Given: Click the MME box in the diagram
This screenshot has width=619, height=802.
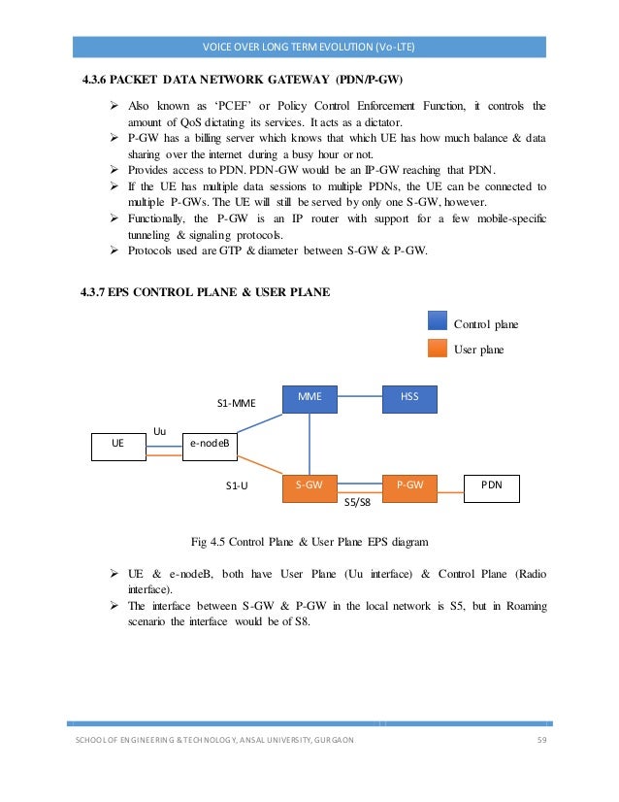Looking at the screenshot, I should [309, 398].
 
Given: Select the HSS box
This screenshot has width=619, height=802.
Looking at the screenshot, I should [408, 398].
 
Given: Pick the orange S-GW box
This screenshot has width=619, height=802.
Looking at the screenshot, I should [309, 487].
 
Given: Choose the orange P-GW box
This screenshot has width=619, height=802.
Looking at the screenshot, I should [408, 487].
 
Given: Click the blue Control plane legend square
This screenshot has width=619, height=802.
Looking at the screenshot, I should [438, 322].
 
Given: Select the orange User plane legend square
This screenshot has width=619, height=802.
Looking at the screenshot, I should [438, 349].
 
